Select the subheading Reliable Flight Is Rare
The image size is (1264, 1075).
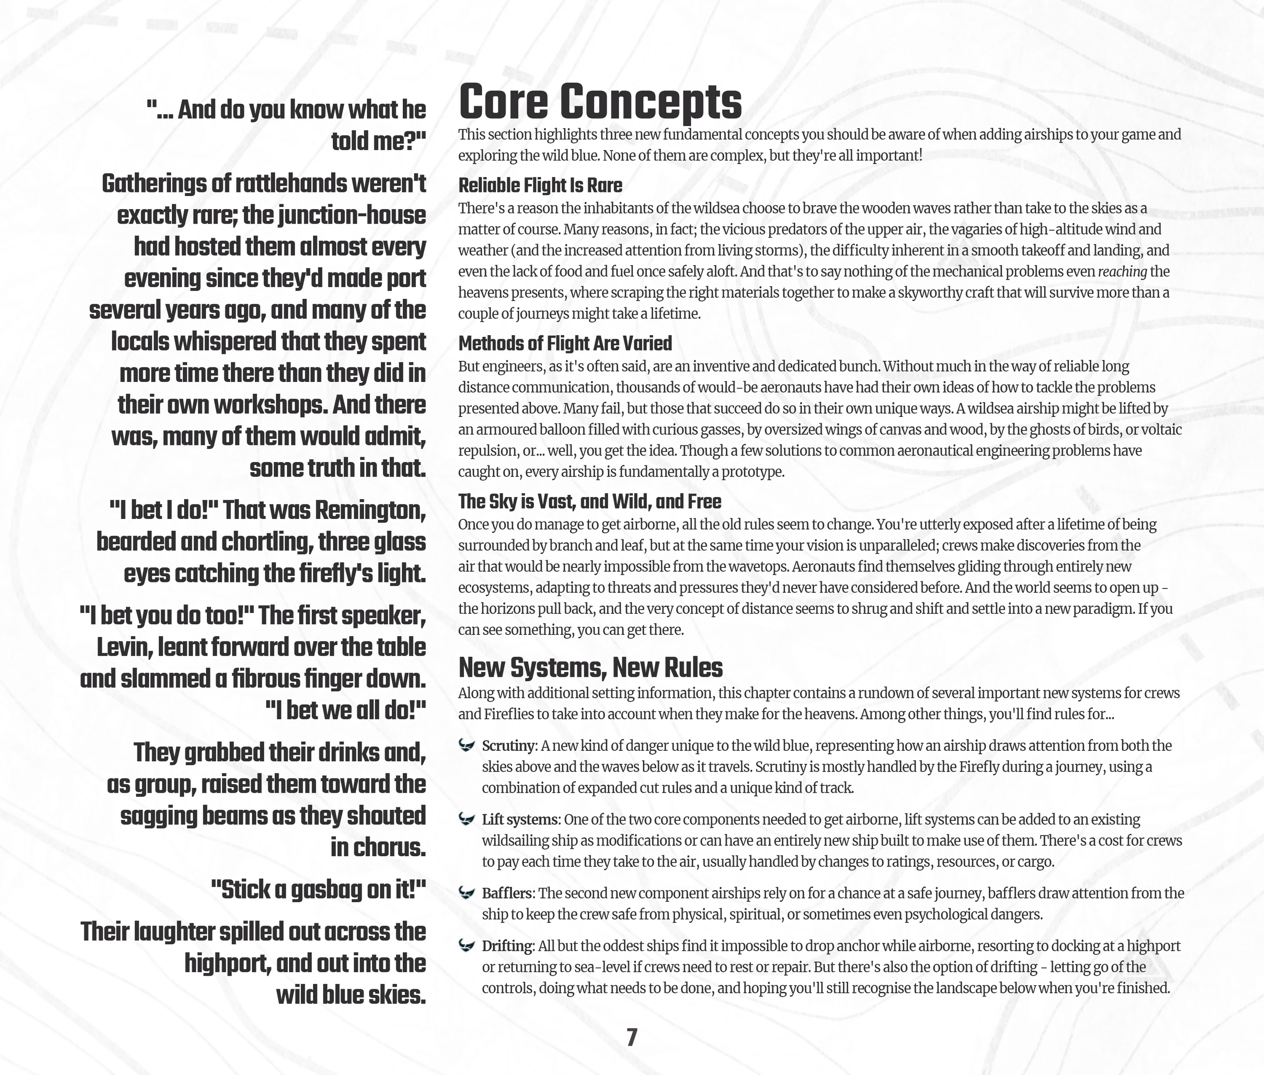[540, 185]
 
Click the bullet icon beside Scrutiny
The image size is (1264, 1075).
[467, 745]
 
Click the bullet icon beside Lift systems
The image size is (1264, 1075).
[467, 819]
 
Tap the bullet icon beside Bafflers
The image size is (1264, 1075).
[467, 893]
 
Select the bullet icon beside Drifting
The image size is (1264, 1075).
[467, 946]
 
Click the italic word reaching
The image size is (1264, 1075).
[1122, 272]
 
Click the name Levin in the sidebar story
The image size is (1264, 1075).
[124, 647]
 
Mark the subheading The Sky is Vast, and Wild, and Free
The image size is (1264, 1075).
[589, 501]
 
